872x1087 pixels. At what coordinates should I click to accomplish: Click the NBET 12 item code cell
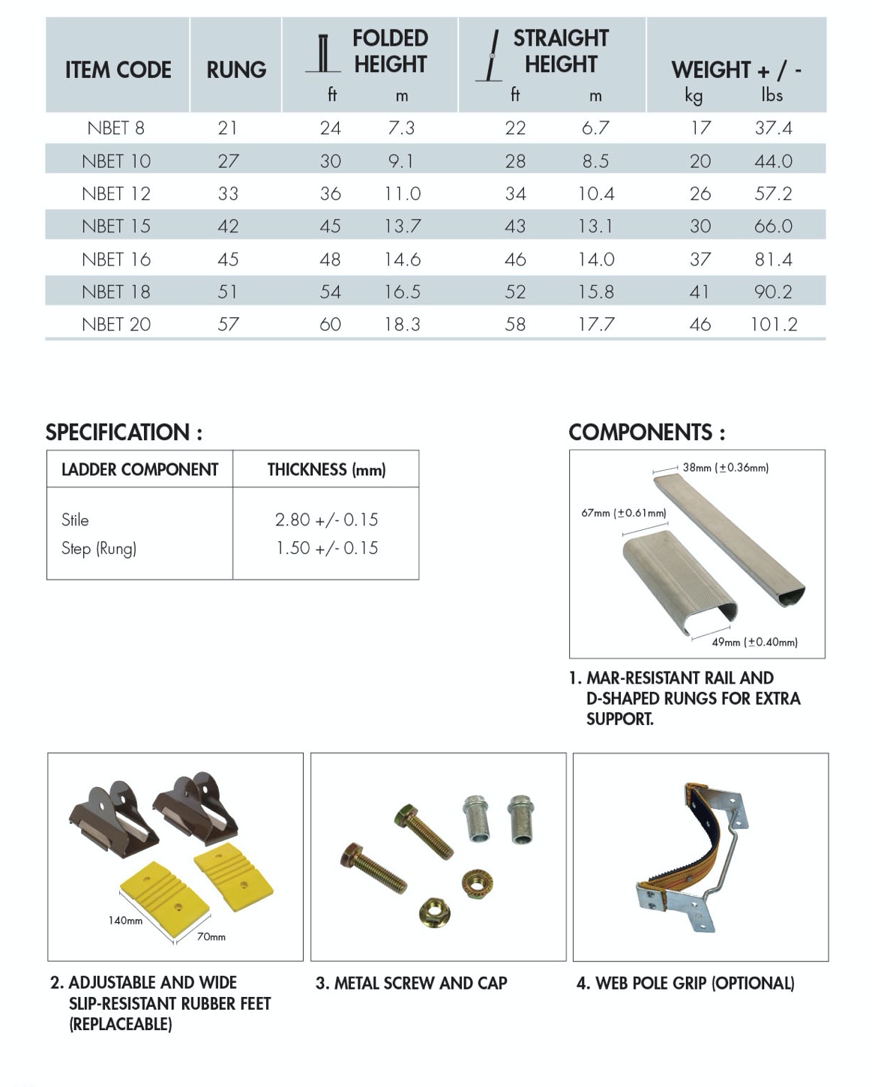[116, 194]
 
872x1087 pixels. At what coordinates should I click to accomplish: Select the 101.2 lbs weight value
[774, 325]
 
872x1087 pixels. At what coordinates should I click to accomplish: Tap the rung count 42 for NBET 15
[228, 226]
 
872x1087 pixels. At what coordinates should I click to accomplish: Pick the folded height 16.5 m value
[402, 292]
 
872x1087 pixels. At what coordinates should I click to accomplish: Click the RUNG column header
[236, 70]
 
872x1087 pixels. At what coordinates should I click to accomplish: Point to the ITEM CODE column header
[118, 70]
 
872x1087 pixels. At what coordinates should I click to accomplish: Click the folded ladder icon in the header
[324, 54]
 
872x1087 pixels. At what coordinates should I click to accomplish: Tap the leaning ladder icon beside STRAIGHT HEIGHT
[491, 56]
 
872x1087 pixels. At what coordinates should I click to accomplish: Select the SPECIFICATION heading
[124, 433]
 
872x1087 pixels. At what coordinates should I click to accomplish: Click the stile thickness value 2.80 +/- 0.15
[326, 520]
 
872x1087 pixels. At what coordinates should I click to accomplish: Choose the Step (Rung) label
[99, 549]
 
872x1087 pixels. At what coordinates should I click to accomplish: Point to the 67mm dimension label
[623, 514]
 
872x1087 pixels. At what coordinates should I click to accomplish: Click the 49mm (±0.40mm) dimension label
[754, 642]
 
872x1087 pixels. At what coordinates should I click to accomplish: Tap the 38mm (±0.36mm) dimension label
[725, 468]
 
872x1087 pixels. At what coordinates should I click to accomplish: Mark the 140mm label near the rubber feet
[125, 921]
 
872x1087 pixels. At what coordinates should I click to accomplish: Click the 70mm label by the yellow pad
[211, 937]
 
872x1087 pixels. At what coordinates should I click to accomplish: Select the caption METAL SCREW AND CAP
[412, 984]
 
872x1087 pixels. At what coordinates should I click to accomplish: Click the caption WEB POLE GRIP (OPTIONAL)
[685, 984]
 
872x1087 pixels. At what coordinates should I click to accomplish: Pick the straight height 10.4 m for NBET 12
[596, 194]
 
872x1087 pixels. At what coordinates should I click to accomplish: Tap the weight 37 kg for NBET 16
[700, 259]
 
